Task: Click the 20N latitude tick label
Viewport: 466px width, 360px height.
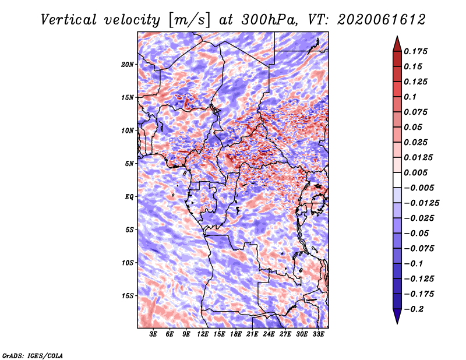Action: pos(128,65)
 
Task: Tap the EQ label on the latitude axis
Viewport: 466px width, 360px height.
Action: pos(129,197)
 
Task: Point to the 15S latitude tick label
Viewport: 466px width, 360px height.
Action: pos(128,296)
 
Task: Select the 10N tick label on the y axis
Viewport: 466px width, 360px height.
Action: pos(128,130)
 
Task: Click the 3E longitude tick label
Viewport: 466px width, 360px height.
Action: pos(153,334)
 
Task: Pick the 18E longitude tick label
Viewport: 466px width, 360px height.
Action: pos(236,334)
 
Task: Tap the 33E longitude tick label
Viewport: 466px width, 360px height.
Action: pos(318,334)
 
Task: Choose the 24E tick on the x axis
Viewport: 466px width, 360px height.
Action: pos(269,334)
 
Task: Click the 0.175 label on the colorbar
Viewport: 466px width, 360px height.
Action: pos(415,51)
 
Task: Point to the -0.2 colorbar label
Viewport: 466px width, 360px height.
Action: pos(414,309)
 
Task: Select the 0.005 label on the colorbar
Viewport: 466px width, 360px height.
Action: pos(415,172)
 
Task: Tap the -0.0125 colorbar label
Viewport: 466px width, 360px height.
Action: pos(421,203)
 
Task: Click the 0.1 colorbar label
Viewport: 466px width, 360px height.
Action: pos(410,97)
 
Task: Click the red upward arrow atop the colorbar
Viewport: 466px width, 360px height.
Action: pos(397,44)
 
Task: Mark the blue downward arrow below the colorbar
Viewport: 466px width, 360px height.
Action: pos(397,316)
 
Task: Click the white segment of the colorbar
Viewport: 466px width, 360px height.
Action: pos(397,180)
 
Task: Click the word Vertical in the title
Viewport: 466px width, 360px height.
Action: pos(69,20)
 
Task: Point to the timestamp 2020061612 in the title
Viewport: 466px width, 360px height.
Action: pos(382,20)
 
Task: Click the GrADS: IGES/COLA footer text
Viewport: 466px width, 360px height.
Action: pos(33,355)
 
